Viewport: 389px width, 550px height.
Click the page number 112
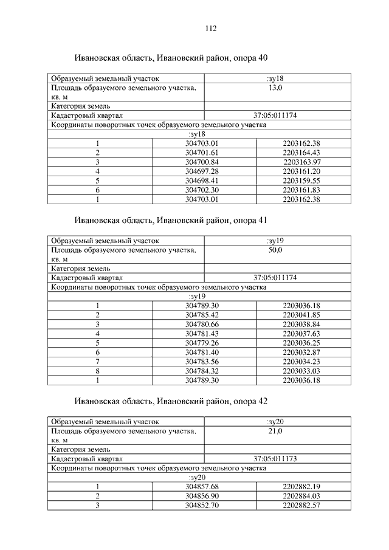coord(211,29)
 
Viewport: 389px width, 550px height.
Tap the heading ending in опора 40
coord(171,58)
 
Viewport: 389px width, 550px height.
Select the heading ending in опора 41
coord(171,219)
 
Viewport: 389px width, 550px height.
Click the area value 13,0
coord(275,88)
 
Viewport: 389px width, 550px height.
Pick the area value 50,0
coord(275,250)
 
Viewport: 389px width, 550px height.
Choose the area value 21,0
coord(275,431)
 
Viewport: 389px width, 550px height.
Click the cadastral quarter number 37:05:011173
coord(275,459)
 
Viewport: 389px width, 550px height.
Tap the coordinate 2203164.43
coord(301,153)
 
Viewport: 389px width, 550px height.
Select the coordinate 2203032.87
coord(301,352)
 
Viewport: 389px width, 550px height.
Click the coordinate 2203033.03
coord(301,371)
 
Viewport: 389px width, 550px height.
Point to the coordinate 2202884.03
coord(301,496)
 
